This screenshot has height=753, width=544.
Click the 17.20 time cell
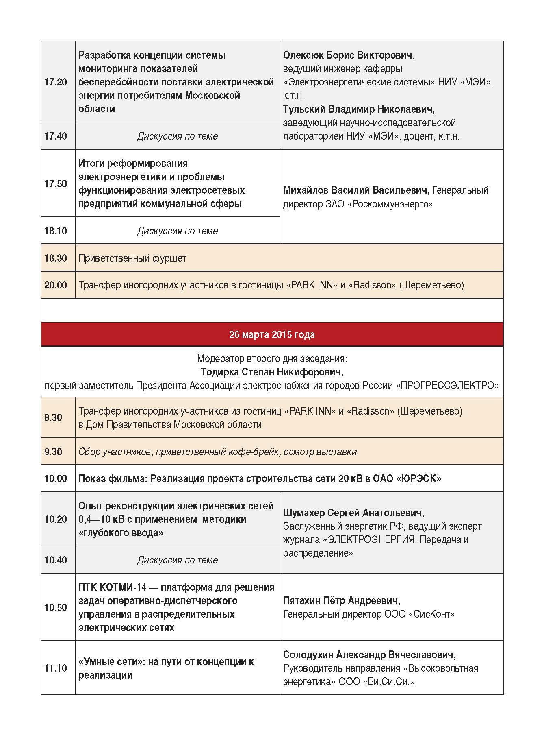[56, 82]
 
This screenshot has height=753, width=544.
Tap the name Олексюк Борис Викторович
[348, 55]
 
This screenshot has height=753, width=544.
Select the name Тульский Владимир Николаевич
[358, 109]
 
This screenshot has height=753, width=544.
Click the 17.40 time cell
[56, 136]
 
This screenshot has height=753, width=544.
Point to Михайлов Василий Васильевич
[356, 190]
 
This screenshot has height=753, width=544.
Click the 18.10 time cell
[56, 231]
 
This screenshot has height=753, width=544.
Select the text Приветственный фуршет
[132, 258]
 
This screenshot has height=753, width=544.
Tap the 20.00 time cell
[56, 285]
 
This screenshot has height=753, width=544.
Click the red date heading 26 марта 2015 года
[272, 335]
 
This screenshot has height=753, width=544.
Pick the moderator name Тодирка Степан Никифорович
[271, 372]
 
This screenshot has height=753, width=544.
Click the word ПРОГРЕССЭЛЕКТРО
[447, 386]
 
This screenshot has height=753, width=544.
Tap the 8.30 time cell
[53, 418]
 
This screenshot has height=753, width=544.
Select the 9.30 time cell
[53, 452]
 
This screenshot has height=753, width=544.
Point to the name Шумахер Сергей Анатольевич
[353, 513]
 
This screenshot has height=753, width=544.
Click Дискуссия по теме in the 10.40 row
[177, 560]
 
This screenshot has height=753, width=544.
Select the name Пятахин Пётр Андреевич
[341, 601]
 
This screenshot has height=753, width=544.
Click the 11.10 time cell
[56, 668]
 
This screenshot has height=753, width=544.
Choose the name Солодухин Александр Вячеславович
[369, 655]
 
